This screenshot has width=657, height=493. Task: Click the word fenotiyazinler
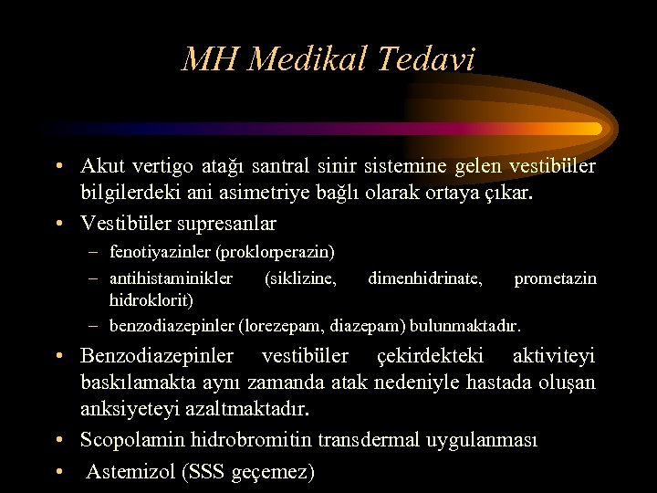click(x=157, y=251)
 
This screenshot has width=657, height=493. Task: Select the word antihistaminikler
click(x=171, y=278)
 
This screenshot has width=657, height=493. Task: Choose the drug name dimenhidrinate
click(x=425, y=278)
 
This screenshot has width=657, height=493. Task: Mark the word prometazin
click(x=555, y=278)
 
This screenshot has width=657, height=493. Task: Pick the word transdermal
click(x=366, y=440)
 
